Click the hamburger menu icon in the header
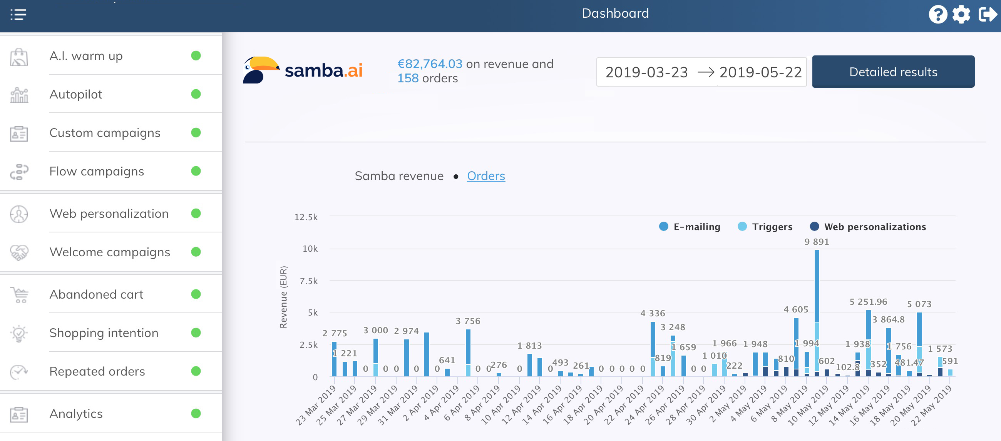(18, 15)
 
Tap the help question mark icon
(937, 15)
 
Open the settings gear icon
(961, 15)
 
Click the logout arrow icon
(987, 15)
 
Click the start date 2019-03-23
(646, 72)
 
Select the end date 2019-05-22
(760, 72)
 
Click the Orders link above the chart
(486, 176)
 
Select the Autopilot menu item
(76, 94)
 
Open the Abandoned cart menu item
(96, 294)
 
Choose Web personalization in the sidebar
(109, 214)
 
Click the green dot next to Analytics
(196, 413)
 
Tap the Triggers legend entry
(765, 227)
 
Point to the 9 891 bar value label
(817, 242)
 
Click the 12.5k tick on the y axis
(306, 217)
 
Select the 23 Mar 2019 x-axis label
(316, 405)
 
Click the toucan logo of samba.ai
(260, 70)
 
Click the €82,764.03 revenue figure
(430, 64)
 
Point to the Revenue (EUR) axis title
(283, 297)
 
